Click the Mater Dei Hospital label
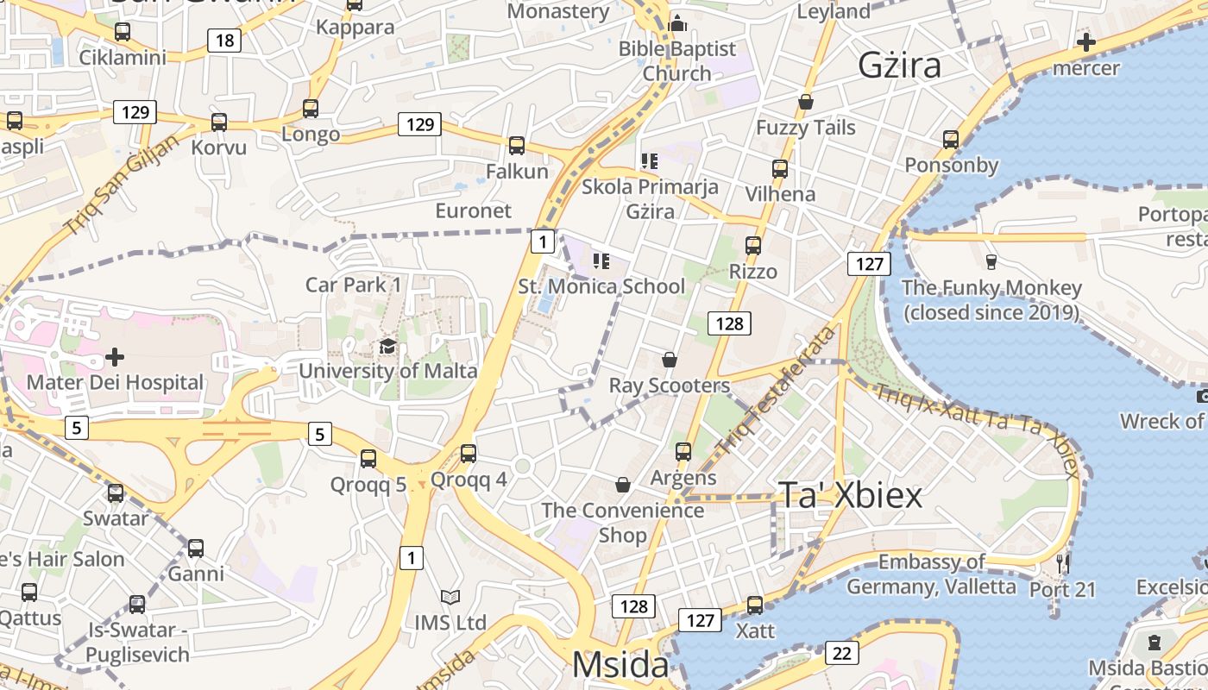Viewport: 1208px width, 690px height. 115,382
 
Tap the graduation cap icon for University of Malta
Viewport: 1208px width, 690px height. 388,347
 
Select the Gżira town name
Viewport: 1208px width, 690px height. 899,66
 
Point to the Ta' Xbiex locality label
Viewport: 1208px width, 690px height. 851,494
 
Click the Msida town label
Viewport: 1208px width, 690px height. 620,665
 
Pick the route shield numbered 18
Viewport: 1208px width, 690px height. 224,40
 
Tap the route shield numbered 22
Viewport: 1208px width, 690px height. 841,653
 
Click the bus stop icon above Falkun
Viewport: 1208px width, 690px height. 517,146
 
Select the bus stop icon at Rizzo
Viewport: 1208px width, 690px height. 753,246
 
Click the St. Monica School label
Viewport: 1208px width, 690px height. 601,286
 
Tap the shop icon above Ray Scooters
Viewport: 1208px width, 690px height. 670,359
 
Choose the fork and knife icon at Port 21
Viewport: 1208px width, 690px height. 1063,564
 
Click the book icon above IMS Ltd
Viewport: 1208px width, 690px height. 450,597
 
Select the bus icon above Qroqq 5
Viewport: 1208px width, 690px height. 368,458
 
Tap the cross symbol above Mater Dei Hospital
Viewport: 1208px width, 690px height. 115,356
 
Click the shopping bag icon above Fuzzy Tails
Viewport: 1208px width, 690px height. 806,102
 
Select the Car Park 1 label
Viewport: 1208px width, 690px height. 353,285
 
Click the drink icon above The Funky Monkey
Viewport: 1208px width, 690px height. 991,261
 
